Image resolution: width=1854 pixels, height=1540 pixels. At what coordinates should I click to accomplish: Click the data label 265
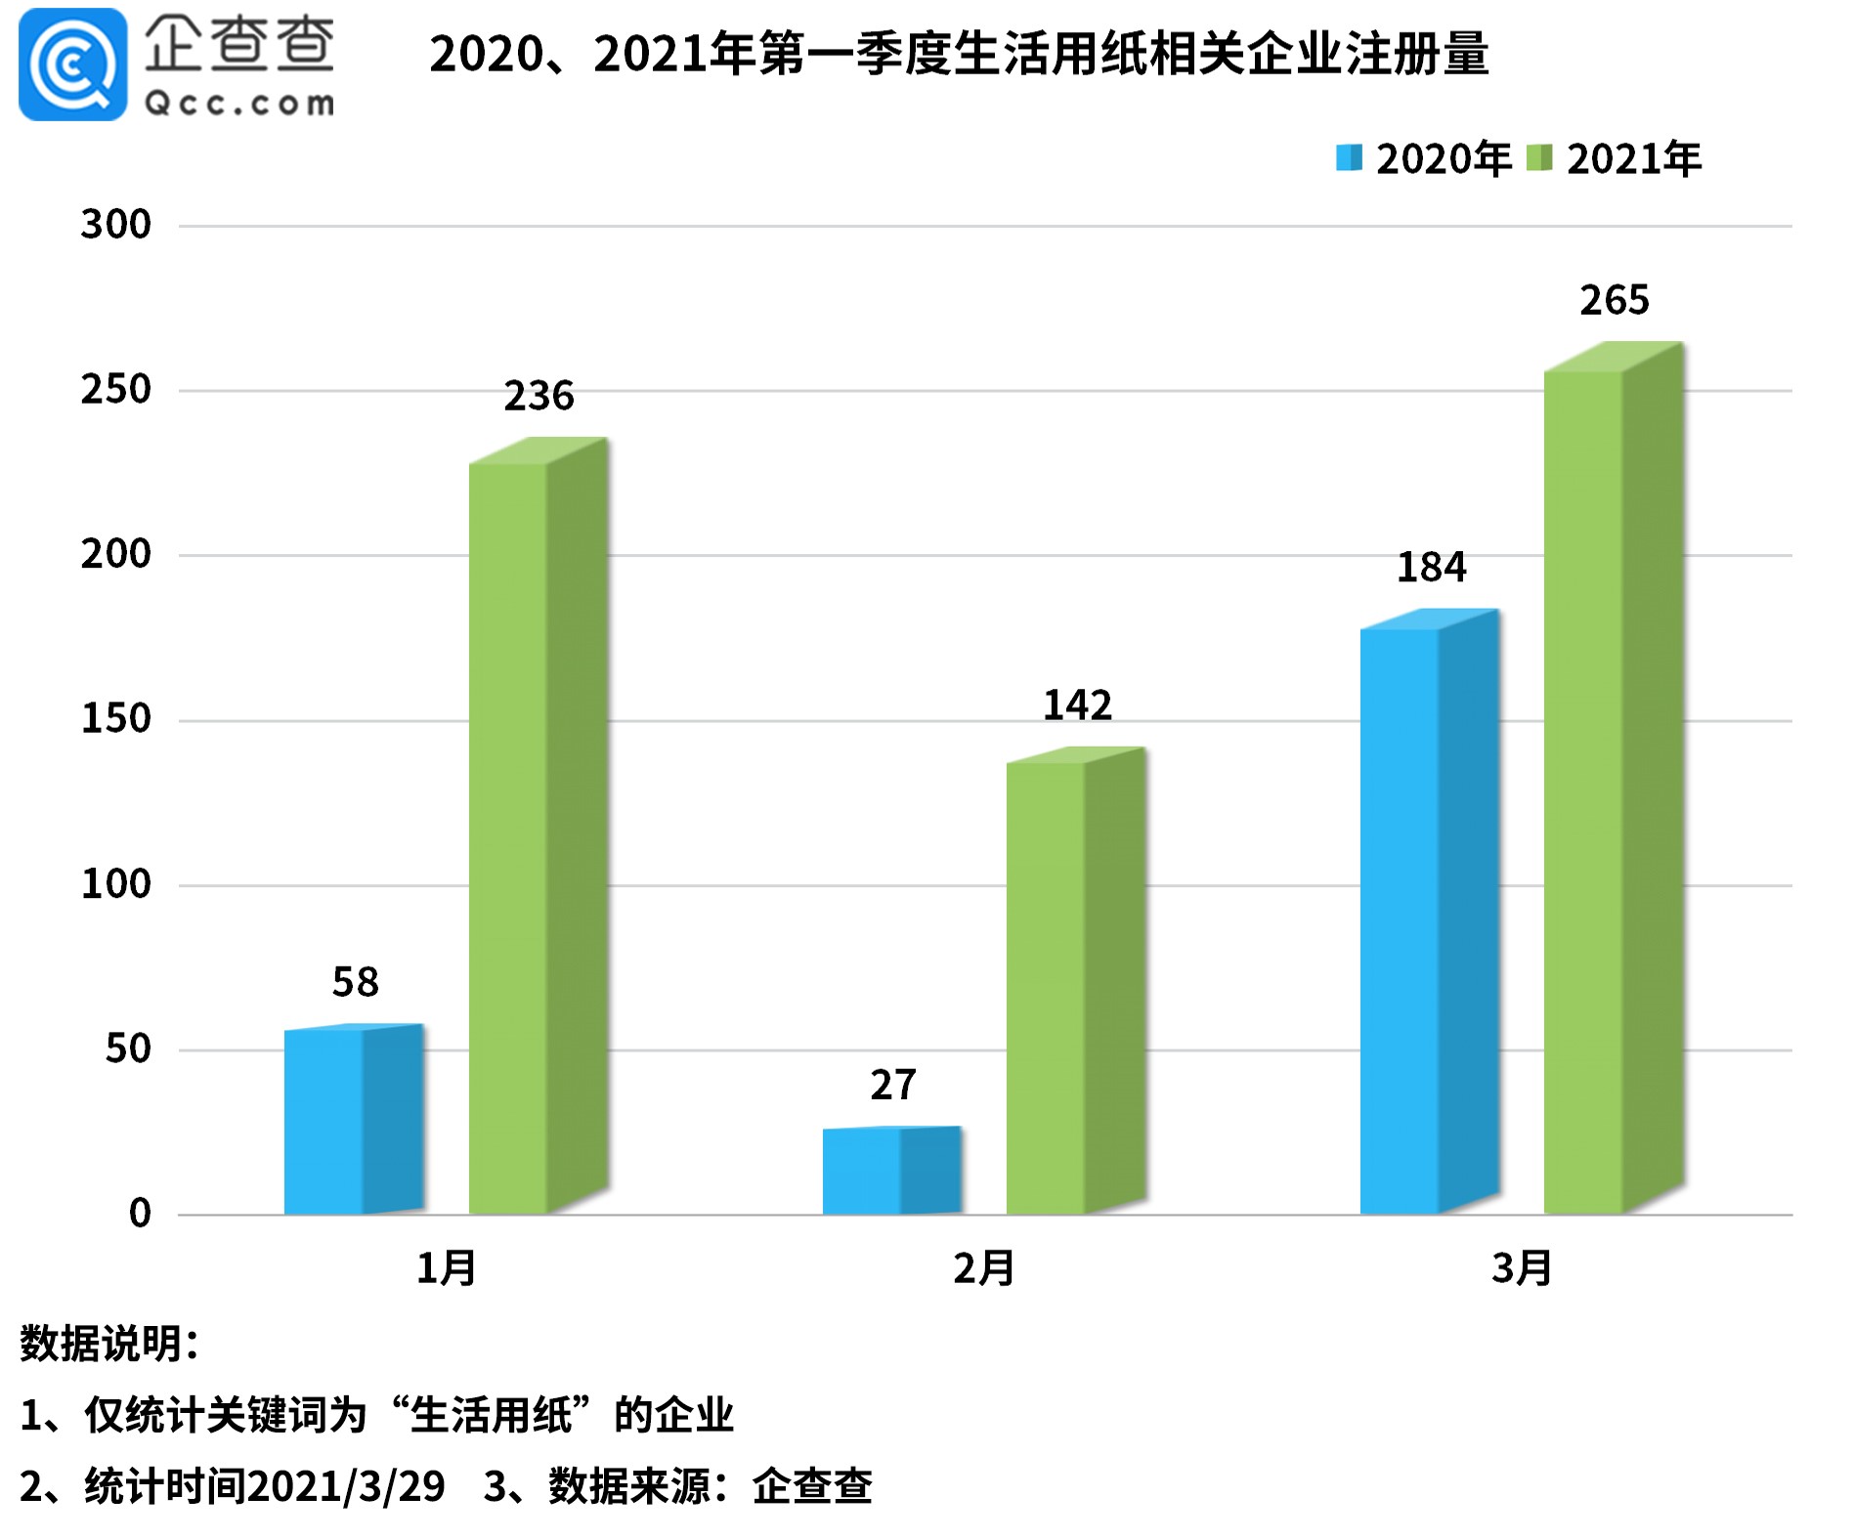click(1615, 300)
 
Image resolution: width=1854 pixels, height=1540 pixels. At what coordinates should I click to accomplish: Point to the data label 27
click(893, 1085)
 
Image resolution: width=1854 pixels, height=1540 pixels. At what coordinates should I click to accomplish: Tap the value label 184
click(1431, 567)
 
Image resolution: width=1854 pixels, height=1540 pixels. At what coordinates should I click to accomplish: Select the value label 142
click(1077, 705)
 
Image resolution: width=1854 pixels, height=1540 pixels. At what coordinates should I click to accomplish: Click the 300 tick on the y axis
click(115, 225)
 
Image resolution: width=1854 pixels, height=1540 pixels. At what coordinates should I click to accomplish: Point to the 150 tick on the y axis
click(115, 719)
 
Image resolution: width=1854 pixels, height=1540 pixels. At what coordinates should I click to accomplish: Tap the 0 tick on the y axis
click(140, 1214)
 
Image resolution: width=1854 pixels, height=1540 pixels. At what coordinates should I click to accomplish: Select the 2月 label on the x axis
click(984, 1268)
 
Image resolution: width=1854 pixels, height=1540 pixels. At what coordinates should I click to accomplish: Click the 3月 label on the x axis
click(1522, 1268)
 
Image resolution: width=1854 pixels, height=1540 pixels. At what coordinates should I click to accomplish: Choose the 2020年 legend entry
click(1423, 159)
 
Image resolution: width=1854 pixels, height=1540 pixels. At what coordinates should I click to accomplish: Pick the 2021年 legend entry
click(1615, 159)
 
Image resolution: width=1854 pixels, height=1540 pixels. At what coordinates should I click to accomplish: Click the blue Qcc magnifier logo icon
click(72, 64)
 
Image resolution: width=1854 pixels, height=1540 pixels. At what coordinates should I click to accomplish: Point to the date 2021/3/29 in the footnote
click(346, 1486)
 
